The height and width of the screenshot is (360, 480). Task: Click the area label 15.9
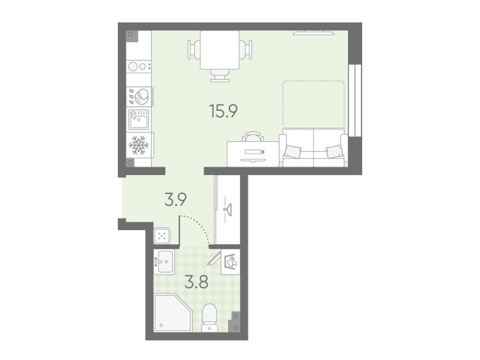pyautogui.click(x=223, y=111)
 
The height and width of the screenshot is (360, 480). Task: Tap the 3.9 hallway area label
pyautogui.click(x=176, y=200)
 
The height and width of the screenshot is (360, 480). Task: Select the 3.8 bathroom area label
pyautogui.click(x=196, y=282)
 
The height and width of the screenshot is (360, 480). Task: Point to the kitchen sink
pyautogui.click(x=138, y=120)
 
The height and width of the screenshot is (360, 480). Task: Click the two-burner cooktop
pyautogui.click(x=139, y=66)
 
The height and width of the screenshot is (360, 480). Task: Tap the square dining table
pyautogui.click(x=220, y=50)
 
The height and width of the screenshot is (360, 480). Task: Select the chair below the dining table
pyautogui.click(x=220, y=75)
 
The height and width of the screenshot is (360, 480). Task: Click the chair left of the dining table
pyautogui.click(x=194, y=50)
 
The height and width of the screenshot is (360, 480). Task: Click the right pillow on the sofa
pyautogui.click(x=335, y=152)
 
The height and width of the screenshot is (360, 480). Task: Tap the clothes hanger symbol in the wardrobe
pyautogui.click(x=227, y=210)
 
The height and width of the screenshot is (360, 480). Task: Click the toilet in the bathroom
pyautogui.click(x=210, y=317)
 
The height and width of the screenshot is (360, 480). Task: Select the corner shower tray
pyautogui.click(x=172, y=313)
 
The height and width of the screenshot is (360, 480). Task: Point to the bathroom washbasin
pyautogui.click(x=165, y=262)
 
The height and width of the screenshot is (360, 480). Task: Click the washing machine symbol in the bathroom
pyautogui.click(x=231, y=262)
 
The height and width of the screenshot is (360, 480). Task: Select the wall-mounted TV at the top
pyautogui.click(x=313, y=32)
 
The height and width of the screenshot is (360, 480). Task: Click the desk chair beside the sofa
pyautogui.click(x=253, y=136)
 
